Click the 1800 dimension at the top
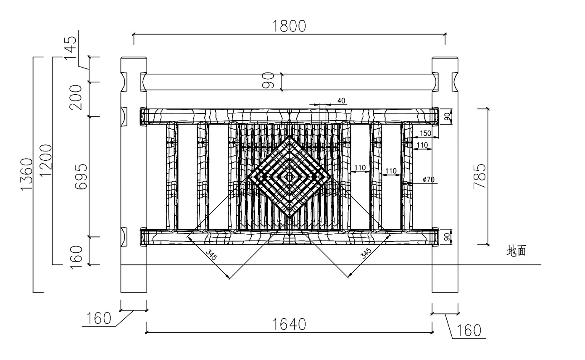click(x=289, y=26)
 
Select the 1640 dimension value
click(x=289, y=324)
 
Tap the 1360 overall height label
click(x=27, y=175)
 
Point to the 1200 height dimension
click(x=46, y=161)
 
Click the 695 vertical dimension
click(x=81, y=177)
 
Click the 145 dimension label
click(x=71, y=48)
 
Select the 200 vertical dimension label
click(x=76, y=98)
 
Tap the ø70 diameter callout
click(x=429, y=180)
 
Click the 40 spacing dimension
click(x=341, y=101)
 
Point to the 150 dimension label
click(x=425, y=133)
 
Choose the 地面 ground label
click(x=516, y=251)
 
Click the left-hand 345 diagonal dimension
click(x=211, y=255)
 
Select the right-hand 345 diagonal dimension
click(x=366, y=253)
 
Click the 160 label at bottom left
click(x=99, y=318)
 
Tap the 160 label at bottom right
click(x=469, y=331)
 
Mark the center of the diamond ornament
click(x=290, y=177)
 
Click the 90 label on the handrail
click(x=268, y=80)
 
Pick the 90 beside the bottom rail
click(x=447, y=237)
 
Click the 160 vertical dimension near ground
click(x=76, y=257)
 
